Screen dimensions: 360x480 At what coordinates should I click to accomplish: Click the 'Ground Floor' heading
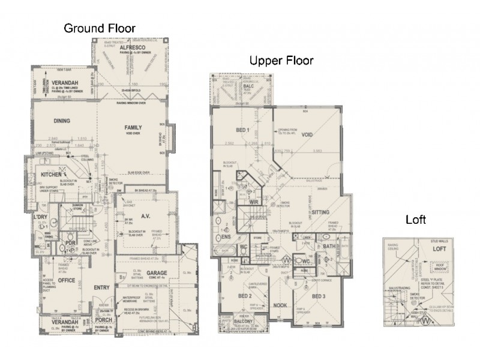pyautogui.click(x=100, y=28)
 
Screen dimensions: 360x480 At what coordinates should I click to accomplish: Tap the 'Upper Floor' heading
pyautogui.click(x=281, y=61)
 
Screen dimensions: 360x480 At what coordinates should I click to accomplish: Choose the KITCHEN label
pyautogui.click(x=52, y=174)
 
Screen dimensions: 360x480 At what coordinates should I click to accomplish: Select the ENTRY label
pyautogui.click(x=101, y=288)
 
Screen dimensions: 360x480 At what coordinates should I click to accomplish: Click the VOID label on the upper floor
pyautogui.click(x=307, y=134)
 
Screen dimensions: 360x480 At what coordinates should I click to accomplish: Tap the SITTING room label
pyautogui.click(x=321, y=212)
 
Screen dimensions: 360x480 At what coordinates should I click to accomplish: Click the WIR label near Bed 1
pyautogui.click(x=254, y=203)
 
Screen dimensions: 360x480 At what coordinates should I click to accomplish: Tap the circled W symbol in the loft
pyautogui.click(x=427, y=320)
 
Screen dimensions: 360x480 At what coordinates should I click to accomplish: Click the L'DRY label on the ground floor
pyautogui.click(x=40, y=217)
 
